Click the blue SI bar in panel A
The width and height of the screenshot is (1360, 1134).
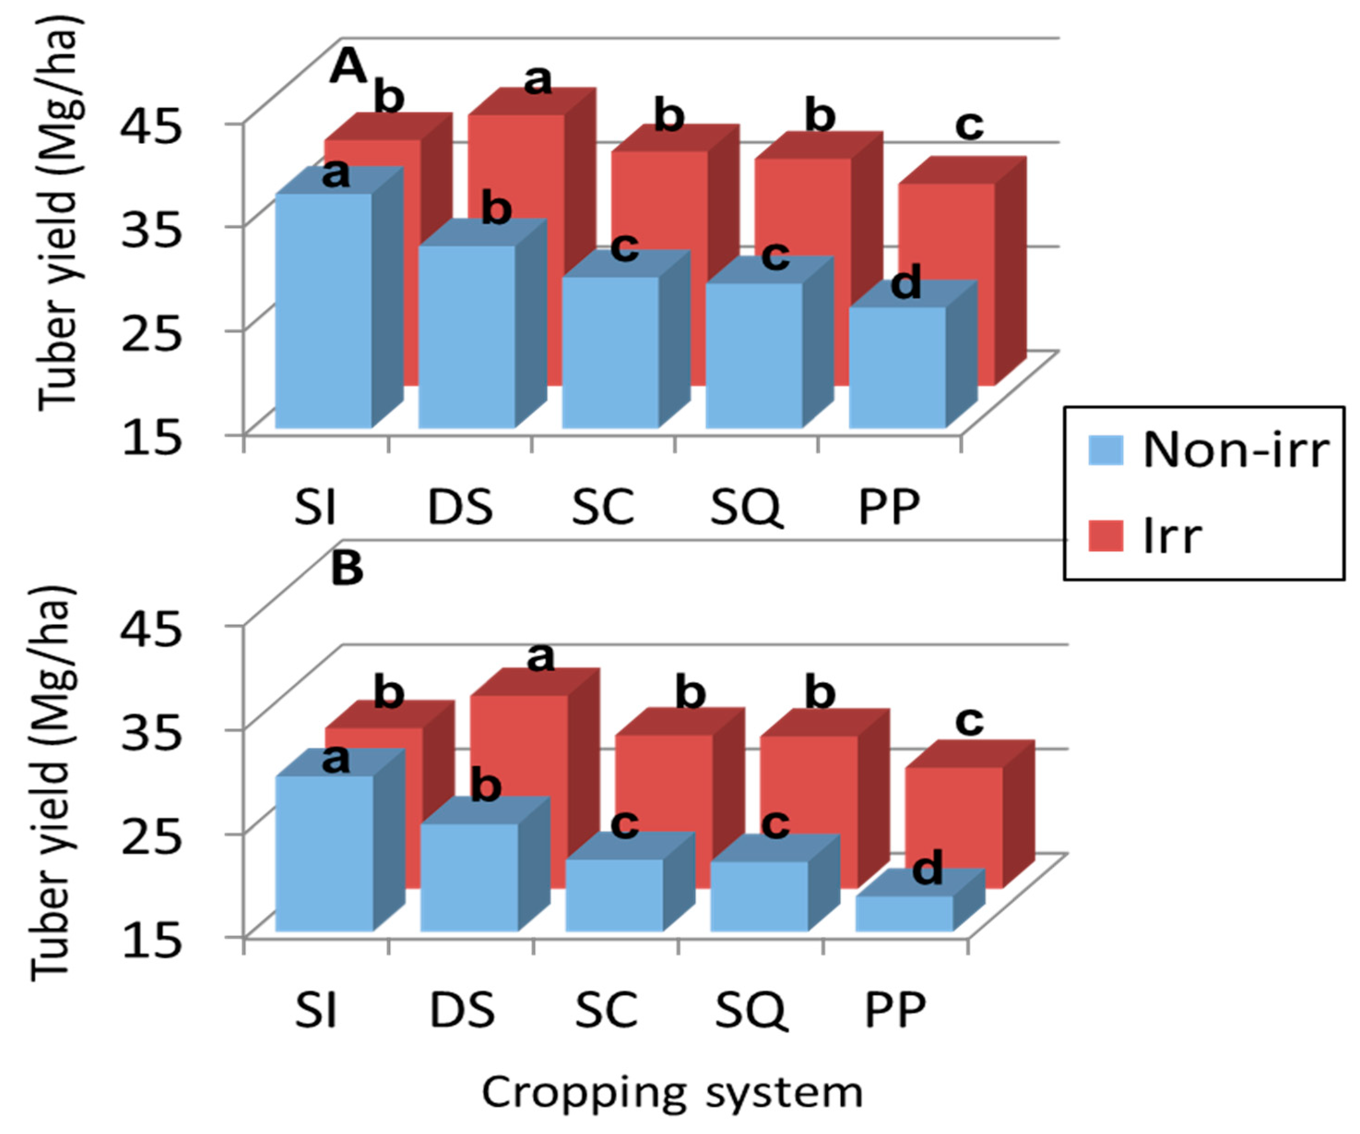tap(324, 311)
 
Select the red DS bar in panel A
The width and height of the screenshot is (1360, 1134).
tap(516, 168)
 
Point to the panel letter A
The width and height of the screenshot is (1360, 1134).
tap(348, 67)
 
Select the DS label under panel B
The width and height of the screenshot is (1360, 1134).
tap(462, 1009)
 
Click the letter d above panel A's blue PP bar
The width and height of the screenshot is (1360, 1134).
tap(905, 283)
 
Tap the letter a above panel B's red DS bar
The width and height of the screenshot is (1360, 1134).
tap(541, 658)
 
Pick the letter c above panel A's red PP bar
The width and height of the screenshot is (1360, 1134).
tap(970, 125)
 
